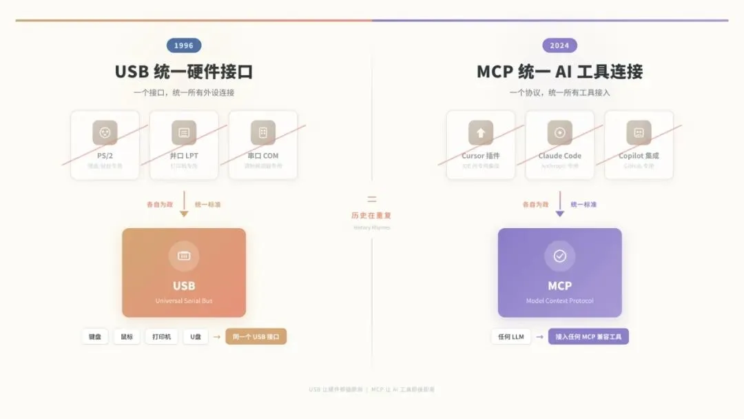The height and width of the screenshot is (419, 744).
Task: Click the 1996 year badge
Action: click(x=184, y=45)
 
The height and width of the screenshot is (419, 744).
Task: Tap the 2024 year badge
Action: click(x=559, y=45)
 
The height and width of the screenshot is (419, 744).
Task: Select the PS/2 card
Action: click(x=105, y=145)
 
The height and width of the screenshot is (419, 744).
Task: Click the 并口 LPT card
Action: click(x=184, y=145)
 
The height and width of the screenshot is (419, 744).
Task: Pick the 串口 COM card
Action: click(x=263, y=145)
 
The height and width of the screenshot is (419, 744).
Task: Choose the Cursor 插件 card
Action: click(x=480, y=145)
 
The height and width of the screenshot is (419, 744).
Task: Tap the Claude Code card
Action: click(x=559, y=145)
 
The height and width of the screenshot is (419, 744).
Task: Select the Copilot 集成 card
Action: click(x=639, y=145)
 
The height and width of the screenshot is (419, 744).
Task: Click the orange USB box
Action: click(x=184, y=272)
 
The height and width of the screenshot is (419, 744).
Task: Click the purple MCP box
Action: click(x=559, y=272)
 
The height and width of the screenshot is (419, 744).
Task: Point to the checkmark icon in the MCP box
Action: click(x=559, y=256)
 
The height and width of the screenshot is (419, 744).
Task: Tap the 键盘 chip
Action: click(x=95, y=337)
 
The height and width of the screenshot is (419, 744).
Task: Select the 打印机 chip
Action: click(x=161, y=337)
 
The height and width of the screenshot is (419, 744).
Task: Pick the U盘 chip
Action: click(x=196, y=337)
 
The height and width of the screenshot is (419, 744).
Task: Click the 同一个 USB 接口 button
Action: click(x=256, y=337)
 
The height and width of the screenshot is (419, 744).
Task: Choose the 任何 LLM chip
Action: click(x=510, y=337)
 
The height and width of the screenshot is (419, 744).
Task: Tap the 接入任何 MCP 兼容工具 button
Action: click(x=588, y=337)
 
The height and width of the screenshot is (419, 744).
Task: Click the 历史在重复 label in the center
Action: click(x=371, y=215)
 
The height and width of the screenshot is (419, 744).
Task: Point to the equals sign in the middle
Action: click(x=372, y=199)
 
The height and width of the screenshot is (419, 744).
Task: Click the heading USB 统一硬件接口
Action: click(x=184, y=72)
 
